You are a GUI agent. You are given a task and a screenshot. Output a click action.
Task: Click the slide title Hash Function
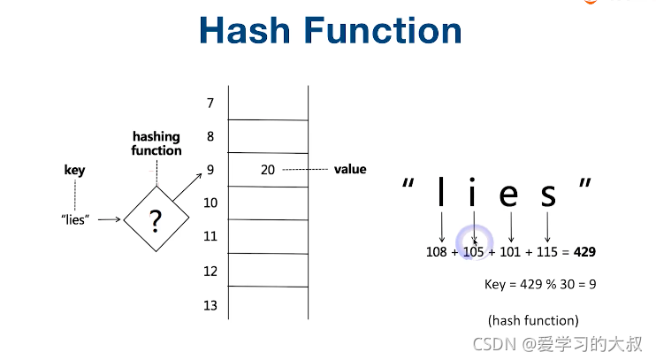pyautogui.click(x=330, y=31)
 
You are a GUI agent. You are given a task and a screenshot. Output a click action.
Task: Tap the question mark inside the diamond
pyautogui.click(x=156, y=220)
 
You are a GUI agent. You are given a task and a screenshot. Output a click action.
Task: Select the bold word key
pyautogui.click(x=75, y=170)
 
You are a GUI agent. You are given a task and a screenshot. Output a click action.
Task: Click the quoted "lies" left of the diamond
pyautogui.click(x=76, y=219)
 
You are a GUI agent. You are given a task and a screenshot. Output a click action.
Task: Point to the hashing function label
pyautogui.click(x=156, y=143)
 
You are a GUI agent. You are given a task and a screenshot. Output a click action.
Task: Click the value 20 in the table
pyautogui.click(x=268, y=170)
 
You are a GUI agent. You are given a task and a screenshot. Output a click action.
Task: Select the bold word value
pyautogui.click(x=350, y=169)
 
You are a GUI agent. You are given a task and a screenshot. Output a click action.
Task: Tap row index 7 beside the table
pyautogui.click(x=210, y=103)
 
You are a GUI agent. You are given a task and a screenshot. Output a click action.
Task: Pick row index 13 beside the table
pyautogui.click(x=210, y=305)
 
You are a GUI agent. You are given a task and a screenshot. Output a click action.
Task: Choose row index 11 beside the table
pyautogui.click(x=210, y=237)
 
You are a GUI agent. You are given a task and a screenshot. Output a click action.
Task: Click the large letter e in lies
pyautogui.click(x=508, y=194)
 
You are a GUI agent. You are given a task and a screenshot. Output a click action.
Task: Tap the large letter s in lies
pyautogui.click(x=548, y=194)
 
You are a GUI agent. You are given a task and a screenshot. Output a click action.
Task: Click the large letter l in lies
pyautogui.click(x=440, y=192)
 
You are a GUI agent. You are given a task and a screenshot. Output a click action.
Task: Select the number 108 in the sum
pyautogui.click(x=437, y=252)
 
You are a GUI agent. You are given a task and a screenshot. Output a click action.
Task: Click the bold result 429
pyautogui.click(x=584, y=252)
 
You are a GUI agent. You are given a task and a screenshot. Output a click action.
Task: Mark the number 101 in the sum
pyautogui.click(x=511, y=252)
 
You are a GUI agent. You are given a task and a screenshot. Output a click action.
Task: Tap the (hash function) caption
pyautogui.click(x=533, y=320)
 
